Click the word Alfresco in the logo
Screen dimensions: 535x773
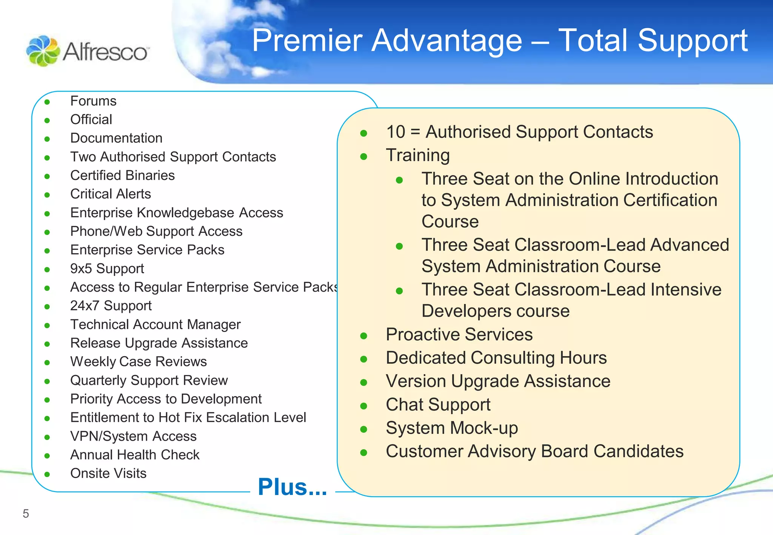(x=105, y=52)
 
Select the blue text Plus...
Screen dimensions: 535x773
(x=292, y=487)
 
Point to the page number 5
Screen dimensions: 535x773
(x=26, y=513)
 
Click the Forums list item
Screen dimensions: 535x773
(x=93, y=101)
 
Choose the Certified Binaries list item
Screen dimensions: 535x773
(x=122, y=175)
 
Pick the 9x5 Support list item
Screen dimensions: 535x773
(x=107, y=269)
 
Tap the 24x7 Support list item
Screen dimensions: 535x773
(x=111, y=306)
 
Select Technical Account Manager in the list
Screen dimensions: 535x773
(x=155, y=324)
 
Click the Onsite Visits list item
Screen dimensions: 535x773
(x=108, y=474)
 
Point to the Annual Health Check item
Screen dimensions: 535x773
(x=135, y=455)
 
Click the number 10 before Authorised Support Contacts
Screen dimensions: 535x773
(x=396, y=132)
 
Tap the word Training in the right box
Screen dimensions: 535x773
(x=418, y=155)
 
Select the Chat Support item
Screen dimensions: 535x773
(x=438, y=405)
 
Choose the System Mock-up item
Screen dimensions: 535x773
(x=452, y=428)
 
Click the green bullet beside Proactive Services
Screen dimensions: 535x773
(x=364, y=336)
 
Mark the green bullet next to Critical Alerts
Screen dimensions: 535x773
(x=47, y=195)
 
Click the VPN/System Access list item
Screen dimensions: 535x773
(x=133, y=436)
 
